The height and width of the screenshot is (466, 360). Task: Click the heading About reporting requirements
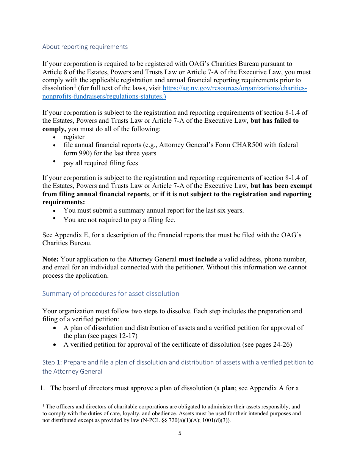[x=85, y=47]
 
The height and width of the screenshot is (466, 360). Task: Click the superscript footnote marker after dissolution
[x=75, y=86]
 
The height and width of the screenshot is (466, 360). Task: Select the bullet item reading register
[x=74, y=137]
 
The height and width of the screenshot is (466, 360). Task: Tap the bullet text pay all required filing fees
[x=100, y=163]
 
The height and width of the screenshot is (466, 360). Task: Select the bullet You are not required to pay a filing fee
[x=119, y=220]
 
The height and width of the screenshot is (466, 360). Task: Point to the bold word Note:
[x=50, y=260]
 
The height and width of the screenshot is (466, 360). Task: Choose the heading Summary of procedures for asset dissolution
[x=111, y=294]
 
